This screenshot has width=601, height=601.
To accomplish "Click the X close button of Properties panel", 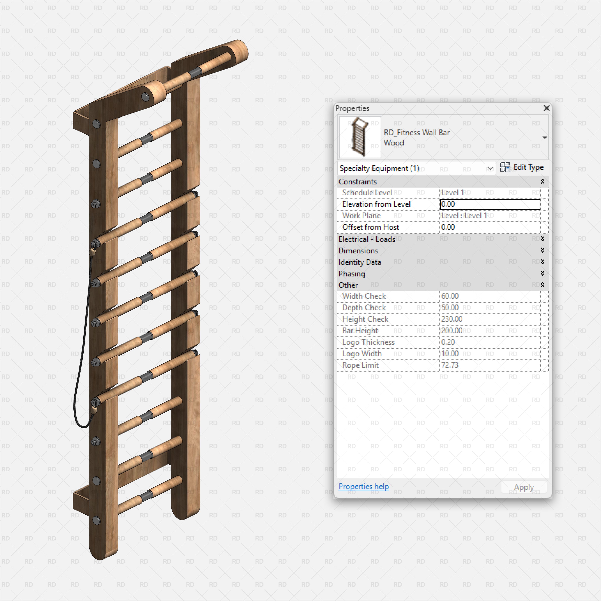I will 546,108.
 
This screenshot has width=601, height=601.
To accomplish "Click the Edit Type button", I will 522,167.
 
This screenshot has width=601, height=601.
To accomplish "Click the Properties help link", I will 363,486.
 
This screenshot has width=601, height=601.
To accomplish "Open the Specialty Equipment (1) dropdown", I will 416,168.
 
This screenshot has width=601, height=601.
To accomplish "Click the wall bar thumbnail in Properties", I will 360,137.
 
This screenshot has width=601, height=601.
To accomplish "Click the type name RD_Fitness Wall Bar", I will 417,133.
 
